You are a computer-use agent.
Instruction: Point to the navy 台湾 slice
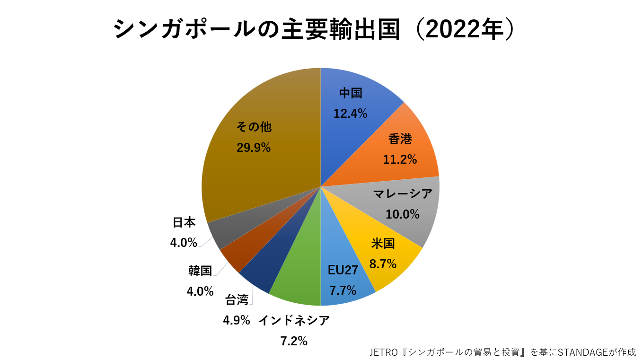(265, 270)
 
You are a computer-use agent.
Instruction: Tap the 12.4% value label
(350, 114)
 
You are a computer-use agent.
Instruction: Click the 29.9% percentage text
(254, 148)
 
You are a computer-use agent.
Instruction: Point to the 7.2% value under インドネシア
(294, 341)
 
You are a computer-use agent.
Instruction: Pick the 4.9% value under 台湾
(236, 320)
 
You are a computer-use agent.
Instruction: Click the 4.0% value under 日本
(184, 243)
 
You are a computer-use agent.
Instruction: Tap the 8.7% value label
(383, 264)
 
